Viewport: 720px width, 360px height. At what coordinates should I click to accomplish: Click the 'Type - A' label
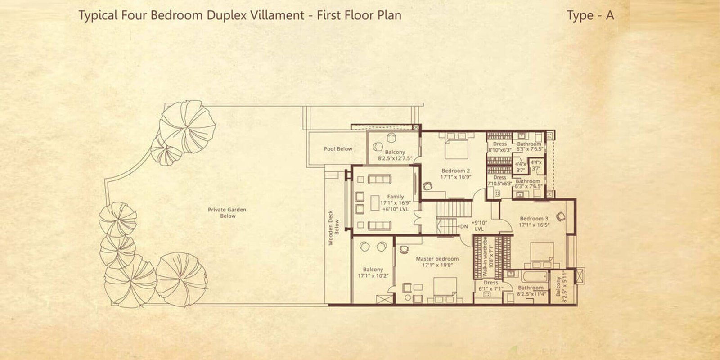(x=590, y=15)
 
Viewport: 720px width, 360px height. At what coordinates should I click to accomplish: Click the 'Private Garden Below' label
(x=227, y=213)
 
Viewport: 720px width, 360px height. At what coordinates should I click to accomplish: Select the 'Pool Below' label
(x=338, y=149)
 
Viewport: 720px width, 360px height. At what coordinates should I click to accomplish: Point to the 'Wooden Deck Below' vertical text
(x=333, y=232)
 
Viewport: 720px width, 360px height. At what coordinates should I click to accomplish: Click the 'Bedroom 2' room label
(x=455, y=171)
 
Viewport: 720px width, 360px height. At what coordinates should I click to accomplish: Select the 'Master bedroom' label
(x=437, y=259)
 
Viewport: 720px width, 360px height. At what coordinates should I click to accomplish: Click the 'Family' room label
(x=395, y=197)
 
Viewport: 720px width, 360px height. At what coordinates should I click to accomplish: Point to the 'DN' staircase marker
(x=464, y=226)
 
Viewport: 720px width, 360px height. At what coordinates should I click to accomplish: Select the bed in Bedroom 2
(x=456, y=148)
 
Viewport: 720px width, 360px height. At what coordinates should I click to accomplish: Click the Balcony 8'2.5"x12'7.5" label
(x=395, y=155)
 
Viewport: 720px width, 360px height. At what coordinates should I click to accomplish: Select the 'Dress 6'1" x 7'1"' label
(x=490, y=285)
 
